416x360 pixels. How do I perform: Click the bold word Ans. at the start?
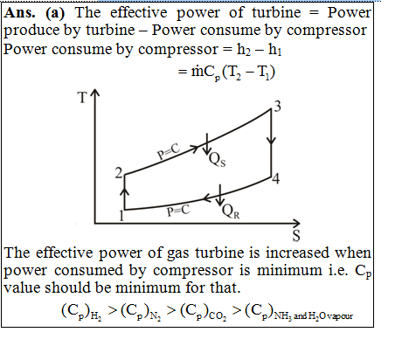click(20, 13)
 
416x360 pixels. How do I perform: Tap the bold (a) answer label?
click(55, 13)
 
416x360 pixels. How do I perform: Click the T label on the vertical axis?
click(82, 98)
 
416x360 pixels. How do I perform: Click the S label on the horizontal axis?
click(296, 235)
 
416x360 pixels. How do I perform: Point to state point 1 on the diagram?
click(121, 216)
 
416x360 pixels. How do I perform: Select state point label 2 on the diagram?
click(119, 173)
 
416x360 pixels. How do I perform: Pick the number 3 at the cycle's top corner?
click(277, 107)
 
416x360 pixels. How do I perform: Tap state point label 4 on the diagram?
click(276, 178)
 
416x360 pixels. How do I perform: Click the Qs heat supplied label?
click(218, 160)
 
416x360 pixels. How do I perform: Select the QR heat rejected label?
click(231, 211)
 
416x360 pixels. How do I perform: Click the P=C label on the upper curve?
click(169, 151)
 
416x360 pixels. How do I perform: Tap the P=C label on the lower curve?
click(178, 211)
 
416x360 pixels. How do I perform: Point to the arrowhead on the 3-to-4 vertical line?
click(271, 140)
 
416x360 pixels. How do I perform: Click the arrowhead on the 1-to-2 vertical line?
click(125, 191)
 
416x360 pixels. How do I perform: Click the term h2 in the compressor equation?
click(244, 50)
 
